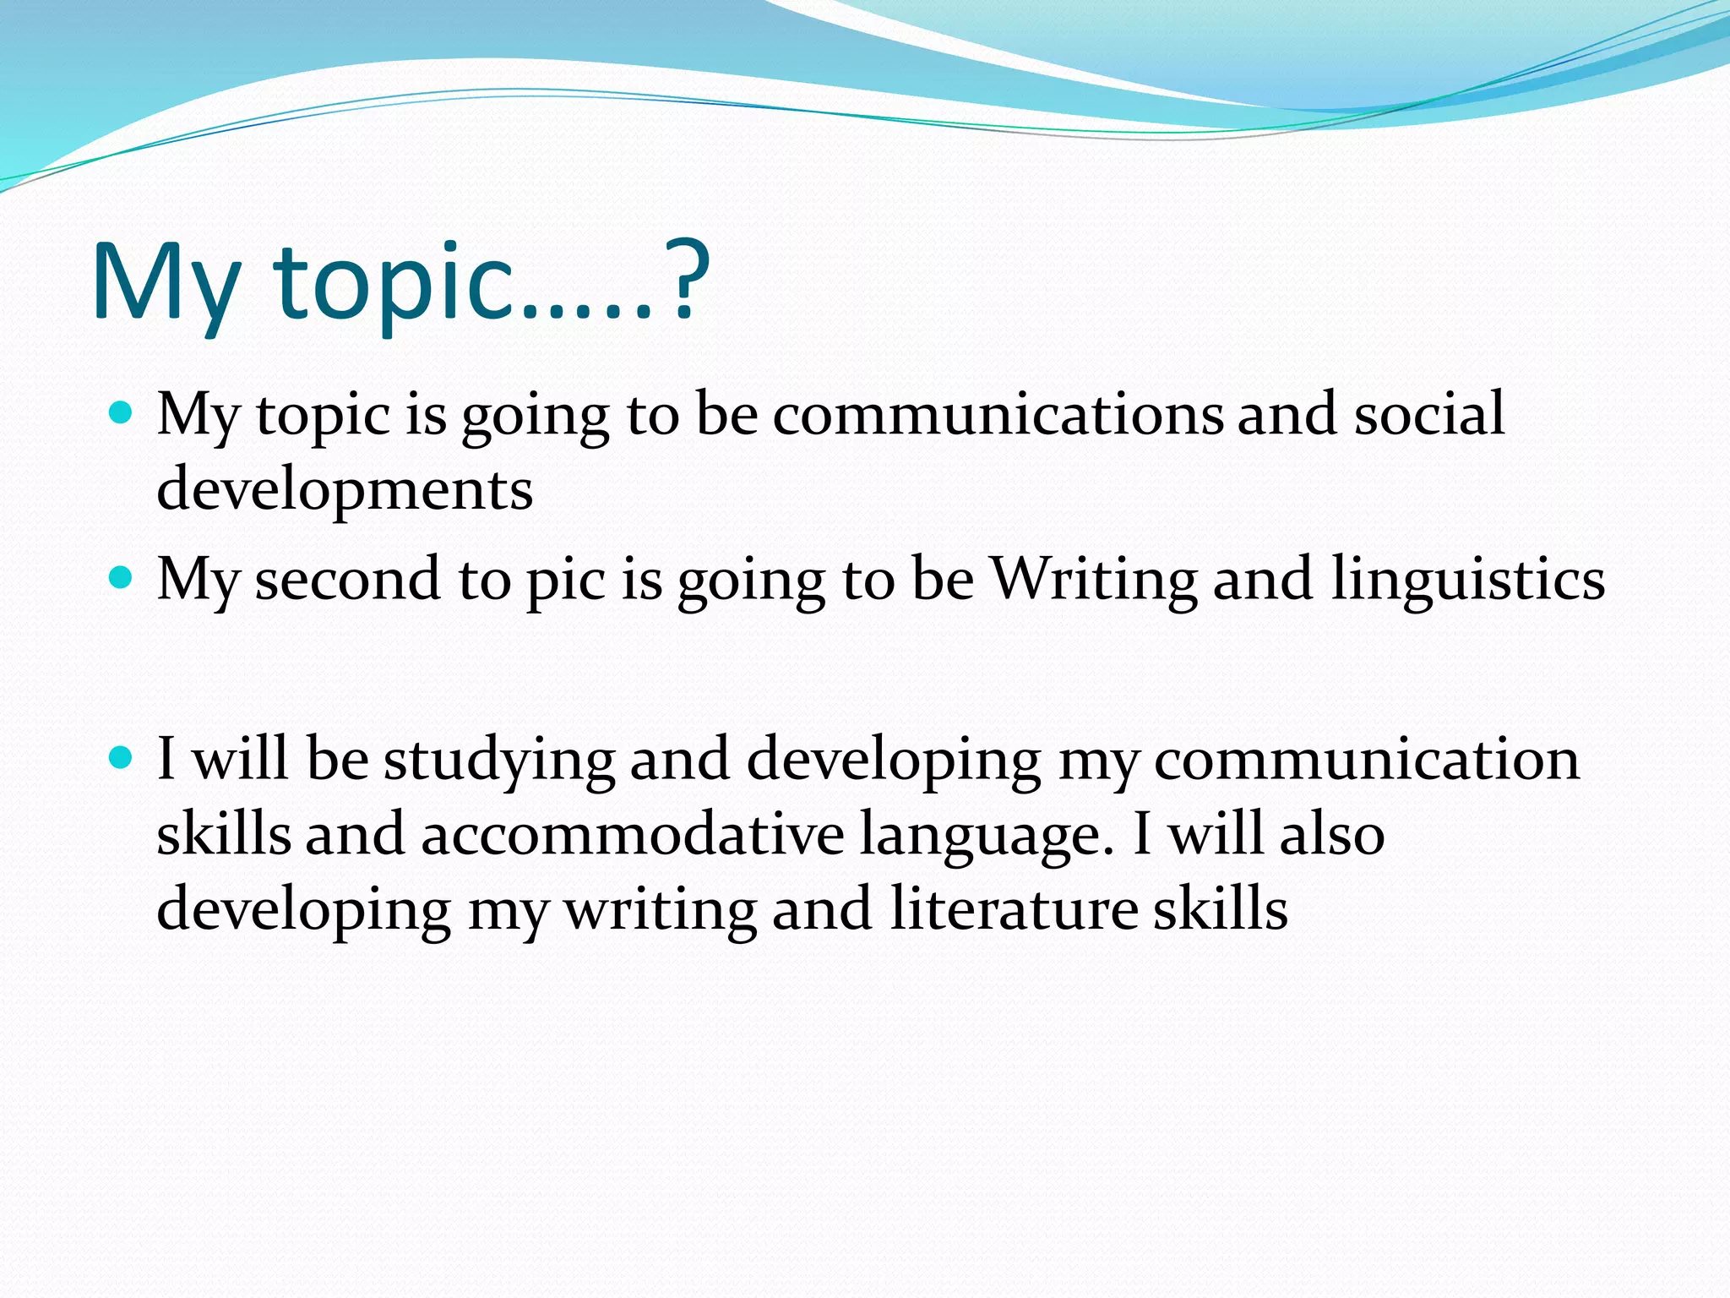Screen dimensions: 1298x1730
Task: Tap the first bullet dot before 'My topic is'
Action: click(122, 413)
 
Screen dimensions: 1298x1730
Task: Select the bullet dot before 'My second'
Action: click(122, 578)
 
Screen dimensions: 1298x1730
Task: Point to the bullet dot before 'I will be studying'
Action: click(122, 757)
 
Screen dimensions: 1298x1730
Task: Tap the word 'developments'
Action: click(345, 489)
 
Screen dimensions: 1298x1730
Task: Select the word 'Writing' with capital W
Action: click(1094, 581)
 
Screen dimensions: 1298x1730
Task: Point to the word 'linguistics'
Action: click(1468, 581)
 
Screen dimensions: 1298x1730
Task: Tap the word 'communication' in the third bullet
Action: click(1366, 758)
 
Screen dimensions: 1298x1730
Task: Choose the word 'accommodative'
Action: click(633, 833)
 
